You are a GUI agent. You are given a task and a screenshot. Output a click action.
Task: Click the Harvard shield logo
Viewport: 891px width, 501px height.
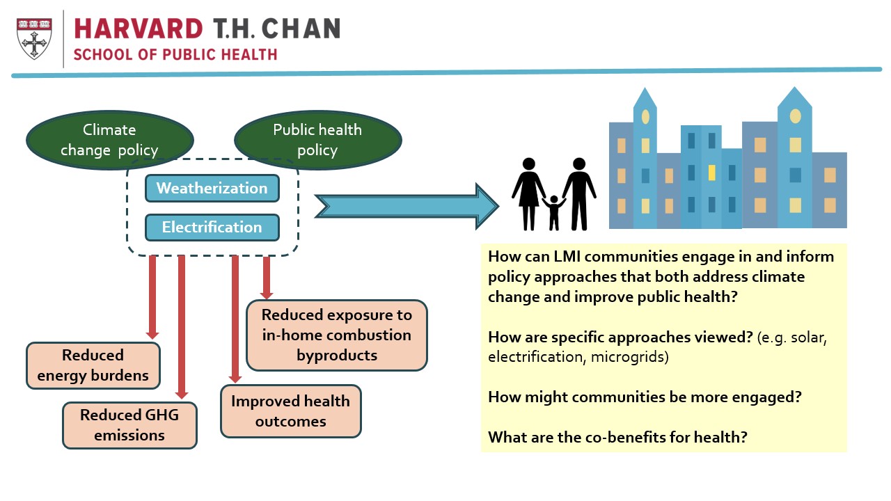click(x=34, y=38)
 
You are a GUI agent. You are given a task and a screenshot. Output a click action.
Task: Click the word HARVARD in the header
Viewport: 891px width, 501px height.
click(x=139, y=29)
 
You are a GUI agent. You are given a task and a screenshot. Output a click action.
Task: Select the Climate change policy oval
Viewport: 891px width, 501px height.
click(x=110, y=140)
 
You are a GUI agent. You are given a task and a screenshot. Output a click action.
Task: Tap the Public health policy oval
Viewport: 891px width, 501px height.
click(x=318, y=140)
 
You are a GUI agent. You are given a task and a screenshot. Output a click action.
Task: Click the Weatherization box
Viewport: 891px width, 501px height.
click(x=212, y=188)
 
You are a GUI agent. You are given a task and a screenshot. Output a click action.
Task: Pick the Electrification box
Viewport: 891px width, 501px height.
click(x=212, y=228)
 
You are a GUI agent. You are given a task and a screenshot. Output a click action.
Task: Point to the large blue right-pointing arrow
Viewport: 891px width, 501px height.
click(x=407, y=207)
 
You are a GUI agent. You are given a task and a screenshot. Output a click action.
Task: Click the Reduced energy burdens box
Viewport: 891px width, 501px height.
click(x=93, y=365)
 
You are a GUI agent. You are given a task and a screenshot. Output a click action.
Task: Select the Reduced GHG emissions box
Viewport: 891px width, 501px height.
click(x=129, y=425)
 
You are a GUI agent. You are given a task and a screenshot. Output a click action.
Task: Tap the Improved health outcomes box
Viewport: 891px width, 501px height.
click(x=291, y=411)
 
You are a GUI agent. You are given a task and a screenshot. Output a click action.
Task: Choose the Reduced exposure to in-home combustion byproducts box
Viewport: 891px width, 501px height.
click(x=337, y=335)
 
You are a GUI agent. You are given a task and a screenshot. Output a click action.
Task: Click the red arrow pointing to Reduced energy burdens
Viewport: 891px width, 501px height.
click(x=152, y=297)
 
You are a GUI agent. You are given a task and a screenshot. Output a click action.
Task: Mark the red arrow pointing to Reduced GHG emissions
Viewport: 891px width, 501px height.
click(x=182, y=327)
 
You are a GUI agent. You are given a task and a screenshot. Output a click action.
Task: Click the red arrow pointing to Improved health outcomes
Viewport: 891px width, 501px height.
click(x=235, y=319)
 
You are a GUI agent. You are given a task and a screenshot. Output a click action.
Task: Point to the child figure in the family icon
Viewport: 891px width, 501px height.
click(x=553, y=213)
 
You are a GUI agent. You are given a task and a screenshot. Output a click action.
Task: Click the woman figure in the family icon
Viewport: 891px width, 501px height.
click(x=528, y=194)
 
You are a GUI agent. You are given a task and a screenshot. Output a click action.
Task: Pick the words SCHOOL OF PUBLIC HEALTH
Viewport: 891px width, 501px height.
click(x=175, y=54)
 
